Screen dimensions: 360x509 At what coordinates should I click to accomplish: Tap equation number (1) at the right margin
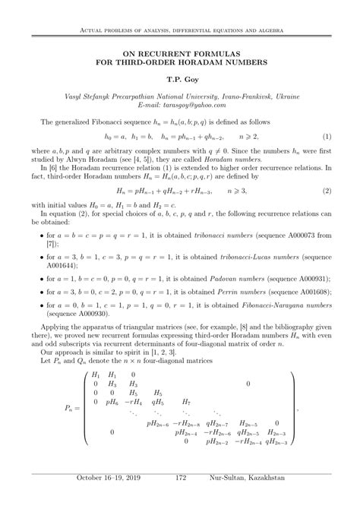[x=326, y=136]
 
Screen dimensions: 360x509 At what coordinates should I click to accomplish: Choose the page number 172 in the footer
[x=181, y=499]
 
